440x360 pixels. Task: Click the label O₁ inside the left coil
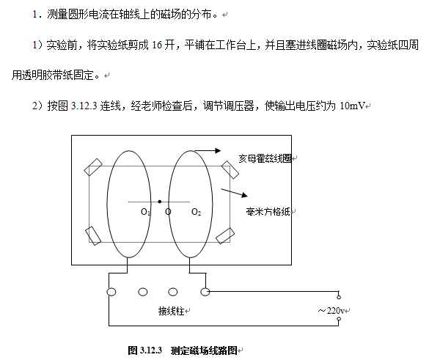145,212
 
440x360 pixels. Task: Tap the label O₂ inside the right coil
196,212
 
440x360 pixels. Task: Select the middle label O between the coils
168,212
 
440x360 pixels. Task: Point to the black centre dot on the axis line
159,201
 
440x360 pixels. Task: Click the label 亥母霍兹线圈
267,157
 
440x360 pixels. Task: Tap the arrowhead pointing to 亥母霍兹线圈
217,150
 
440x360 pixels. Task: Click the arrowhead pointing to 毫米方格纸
243,196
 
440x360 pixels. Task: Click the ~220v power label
331,311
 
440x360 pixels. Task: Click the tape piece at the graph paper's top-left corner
94,167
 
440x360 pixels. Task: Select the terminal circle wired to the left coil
111,292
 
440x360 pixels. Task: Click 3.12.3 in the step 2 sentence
79,106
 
